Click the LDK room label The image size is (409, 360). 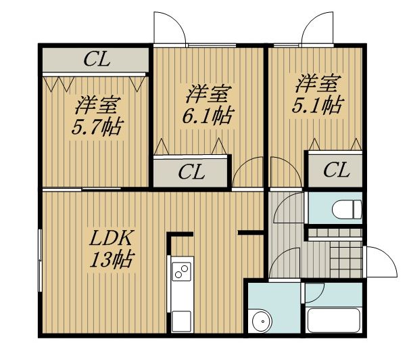pyautogui.click(x=110, y=238)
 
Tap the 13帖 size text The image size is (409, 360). pyautogui.click(x=112, y=260)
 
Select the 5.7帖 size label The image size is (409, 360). pyautogui.click(x=97, y=127)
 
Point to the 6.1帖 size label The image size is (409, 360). pyautogui.click(x=207, y=116)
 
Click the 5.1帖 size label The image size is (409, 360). pyautogui.click(x=317, y=105)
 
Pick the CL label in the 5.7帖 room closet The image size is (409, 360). pyautogui.click(x=97, y=60)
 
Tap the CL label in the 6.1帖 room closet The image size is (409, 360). pyautogui.click(x=191, y=172)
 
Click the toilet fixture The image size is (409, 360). pyautogui.click(x=347, y=209)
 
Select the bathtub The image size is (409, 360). pyautogui.click(x=334, y=320)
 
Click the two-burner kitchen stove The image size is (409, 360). pyautogui.click(x=182, y=271)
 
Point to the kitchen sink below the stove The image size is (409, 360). pyautogui.click(x=182, y=321)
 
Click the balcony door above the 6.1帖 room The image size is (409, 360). pyautogui.click(x=170, y=28)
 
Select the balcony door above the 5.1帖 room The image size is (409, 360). pyautogui.click(x=317, y=28)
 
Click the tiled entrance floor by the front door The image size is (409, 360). pyautogui.click(x=346, y=259)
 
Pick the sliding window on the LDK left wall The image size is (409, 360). pyautogui.click(x=40, y=261)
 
